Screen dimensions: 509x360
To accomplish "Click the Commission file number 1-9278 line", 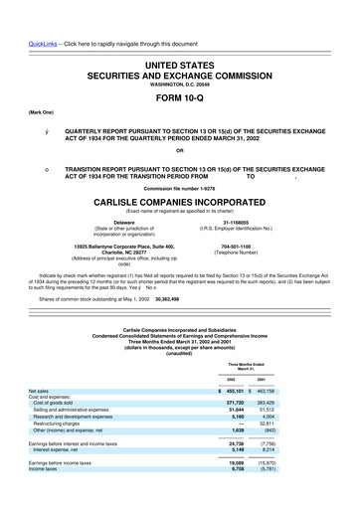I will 179,187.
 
